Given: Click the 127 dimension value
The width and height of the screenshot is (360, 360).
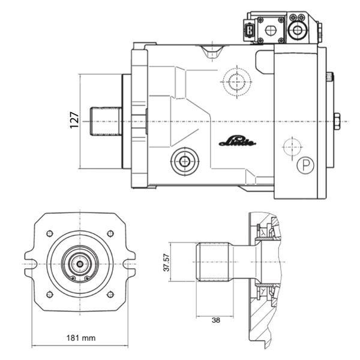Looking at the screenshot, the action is pos(74,120).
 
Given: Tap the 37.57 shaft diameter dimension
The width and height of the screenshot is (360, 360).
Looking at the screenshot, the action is pos(166,262).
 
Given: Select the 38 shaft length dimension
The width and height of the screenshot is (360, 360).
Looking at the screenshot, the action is pos(216,320).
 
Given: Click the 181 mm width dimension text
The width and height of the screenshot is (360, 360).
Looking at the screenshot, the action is pos(81,338).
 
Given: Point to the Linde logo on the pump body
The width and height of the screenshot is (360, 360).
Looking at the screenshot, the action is pos(238,142).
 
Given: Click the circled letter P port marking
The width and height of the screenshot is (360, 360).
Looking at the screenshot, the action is pos(305,165).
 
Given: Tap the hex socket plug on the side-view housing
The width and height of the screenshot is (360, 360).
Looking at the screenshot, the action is pos(185,161).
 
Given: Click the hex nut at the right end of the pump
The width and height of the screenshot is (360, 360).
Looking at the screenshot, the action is pos(337,121).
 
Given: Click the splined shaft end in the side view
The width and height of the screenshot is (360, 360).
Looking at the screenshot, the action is pos(106,121).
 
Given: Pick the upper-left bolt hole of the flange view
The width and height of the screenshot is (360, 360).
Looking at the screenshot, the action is pos(50,233).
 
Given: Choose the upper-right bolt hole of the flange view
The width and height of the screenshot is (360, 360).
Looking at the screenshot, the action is pos(110,233).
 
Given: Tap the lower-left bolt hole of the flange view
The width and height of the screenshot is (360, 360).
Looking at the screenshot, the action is pos(50,295).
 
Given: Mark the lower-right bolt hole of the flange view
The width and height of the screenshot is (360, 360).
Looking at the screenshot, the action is pos(110,295).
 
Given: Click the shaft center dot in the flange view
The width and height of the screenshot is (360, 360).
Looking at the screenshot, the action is pos(80,264).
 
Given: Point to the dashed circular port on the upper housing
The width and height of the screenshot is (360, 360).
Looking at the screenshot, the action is pos(237,82).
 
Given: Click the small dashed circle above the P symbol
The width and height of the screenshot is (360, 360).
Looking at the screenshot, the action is pos(292,147).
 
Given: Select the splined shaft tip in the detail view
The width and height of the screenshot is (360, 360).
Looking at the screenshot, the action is pos(213,262).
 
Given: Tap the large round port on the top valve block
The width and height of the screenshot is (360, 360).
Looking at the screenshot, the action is pos(298,30).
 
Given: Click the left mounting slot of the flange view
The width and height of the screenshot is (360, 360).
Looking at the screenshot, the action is pos(31,264).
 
